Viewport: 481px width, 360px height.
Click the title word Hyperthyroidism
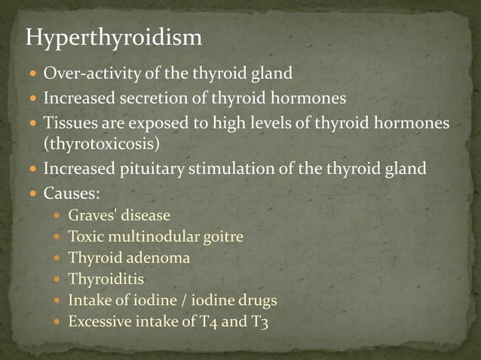pos(114,38)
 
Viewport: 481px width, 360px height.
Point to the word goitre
pos(222,236)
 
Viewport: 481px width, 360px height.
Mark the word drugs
pos(255,301)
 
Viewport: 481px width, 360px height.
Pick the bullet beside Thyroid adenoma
pos(57,258)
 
